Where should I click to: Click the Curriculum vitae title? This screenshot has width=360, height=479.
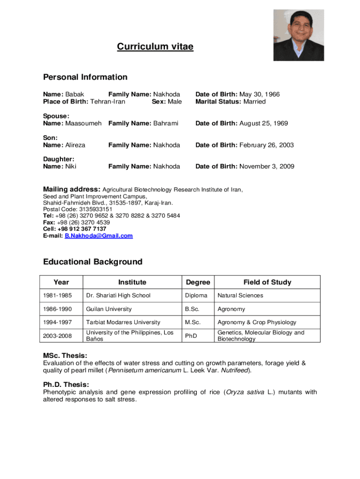point(155,46)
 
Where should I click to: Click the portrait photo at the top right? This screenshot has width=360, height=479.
point(298,35)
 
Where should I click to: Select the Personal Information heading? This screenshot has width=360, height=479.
point(85,77)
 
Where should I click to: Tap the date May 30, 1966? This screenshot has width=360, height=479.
point(259,94)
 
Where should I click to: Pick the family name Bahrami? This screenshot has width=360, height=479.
point(164,123)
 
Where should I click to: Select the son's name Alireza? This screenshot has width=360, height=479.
point(75,145)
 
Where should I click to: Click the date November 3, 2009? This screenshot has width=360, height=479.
point(267,166)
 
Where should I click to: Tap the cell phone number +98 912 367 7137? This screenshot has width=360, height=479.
point(79,229)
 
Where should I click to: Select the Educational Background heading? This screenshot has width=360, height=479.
point(93,261)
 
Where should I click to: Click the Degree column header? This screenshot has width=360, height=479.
point(198,282)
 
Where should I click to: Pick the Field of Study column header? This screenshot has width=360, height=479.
point(267,282)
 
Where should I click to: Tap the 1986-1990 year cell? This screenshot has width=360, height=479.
point(55,309)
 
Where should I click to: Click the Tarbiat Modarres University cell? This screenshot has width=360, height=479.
point(123,322)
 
